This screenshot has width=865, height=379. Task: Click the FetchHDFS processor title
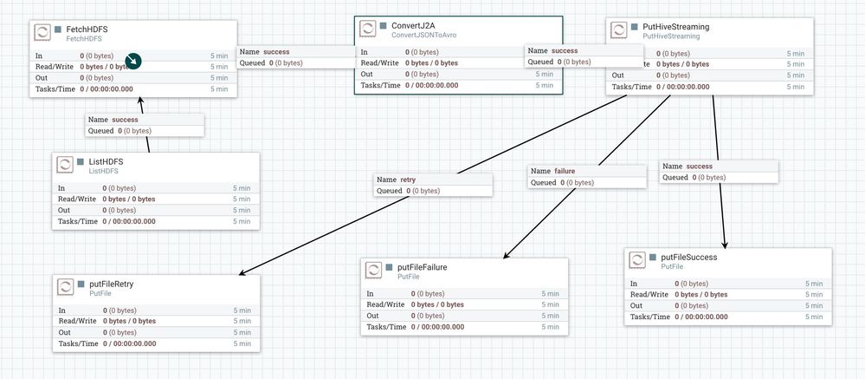(x=87, y=29)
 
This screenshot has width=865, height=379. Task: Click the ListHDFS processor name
(x=109, y=161)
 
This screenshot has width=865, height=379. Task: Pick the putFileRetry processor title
(x=111, y=284)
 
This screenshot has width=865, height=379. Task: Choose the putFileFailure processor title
(x=422, y=267)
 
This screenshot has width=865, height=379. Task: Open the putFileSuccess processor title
(x=688, y=257)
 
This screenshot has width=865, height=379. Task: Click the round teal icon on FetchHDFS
(x=133, y=61)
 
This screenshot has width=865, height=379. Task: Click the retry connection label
(x=408, y=180)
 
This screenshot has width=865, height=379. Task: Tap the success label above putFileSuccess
(x=700, y=166)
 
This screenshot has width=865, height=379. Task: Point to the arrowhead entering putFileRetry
(x=242, y=274)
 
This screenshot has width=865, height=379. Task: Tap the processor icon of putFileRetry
(x=65, y=288)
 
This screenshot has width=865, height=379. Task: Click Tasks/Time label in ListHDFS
(x=77, y=221)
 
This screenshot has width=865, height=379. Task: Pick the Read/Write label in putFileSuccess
(x=648, y=294)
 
